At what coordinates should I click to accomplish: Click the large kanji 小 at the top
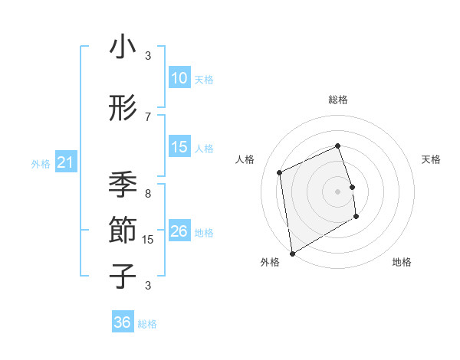(123, 47)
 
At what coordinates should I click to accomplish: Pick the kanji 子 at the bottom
(123, 276)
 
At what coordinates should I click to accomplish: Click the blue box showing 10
(179, 78)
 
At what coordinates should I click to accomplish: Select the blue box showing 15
(179, 147)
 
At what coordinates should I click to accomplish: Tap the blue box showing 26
(179, 231)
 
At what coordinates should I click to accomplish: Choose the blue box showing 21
(65, 162)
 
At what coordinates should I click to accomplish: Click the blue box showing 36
(123, 322)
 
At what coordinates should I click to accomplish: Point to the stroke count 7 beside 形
(148, 116)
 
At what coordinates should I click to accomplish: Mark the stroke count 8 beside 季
(148, 194)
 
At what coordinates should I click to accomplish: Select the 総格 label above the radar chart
(338, 100)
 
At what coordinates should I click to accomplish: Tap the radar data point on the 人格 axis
(280, 172)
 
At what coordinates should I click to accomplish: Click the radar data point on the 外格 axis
(292, 253)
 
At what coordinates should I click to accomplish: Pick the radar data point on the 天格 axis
(352, 186)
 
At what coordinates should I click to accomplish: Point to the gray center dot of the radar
(338, 191)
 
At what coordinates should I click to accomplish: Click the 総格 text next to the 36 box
(147, 324)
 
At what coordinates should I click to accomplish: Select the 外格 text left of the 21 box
(41, 164)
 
